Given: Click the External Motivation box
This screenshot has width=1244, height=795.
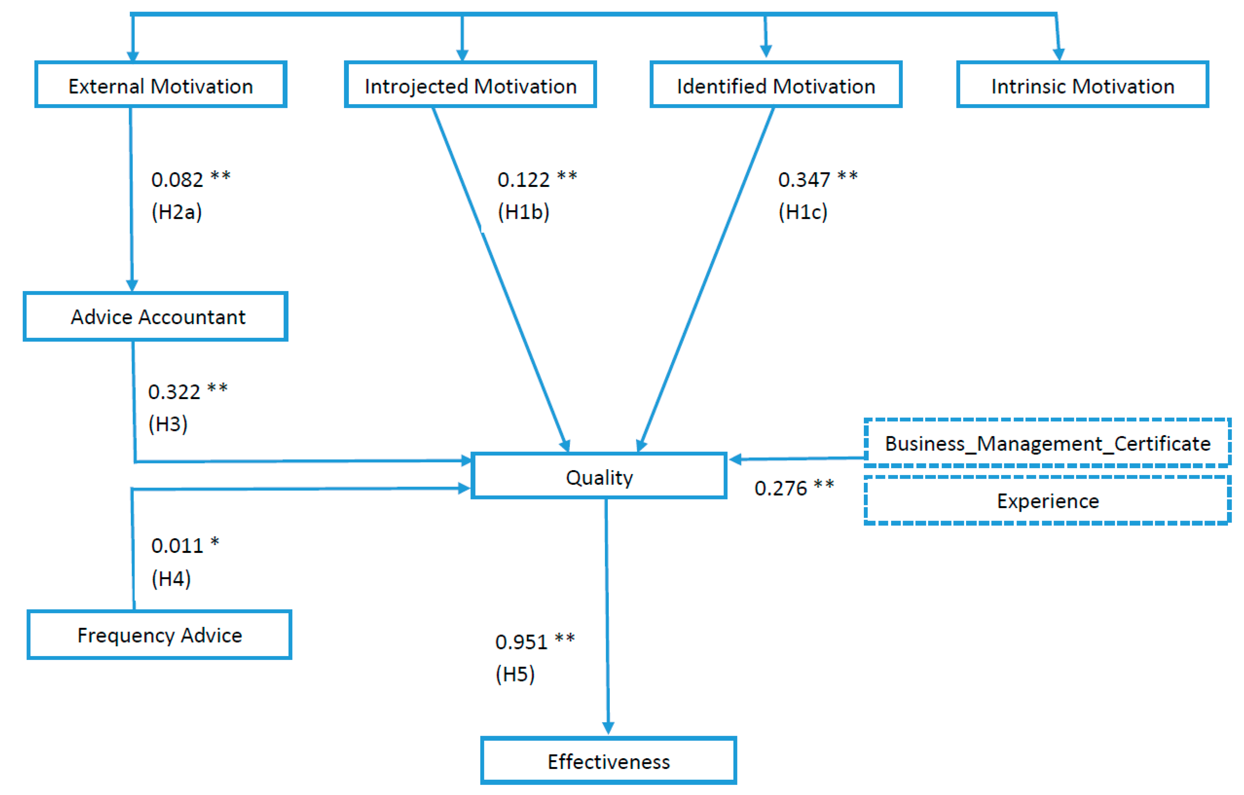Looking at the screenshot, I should pyautogui.click(x=161, y=85).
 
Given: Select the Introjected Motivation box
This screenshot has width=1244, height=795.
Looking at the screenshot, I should pyautogui.click(x=470, y=85).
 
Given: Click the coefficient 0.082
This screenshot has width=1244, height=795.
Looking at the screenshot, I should pyautogui.click(x=177, y=180).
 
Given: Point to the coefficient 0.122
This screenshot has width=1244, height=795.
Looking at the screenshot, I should pyautogui.click(x=523, y=180).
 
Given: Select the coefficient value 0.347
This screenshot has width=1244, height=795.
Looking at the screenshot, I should pyautogui.click(x=804, y=180).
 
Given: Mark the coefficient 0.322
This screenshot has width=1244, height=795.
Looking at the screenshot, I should pyautogui.click(x=174, y=392).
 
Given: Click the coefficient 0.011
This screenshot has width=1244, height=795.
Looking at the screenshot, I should pyautogui.click(x=177, y=546).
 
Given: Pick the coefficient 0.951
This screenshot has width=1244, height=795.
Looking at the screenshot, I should pyautogui.click(x=521, y=642).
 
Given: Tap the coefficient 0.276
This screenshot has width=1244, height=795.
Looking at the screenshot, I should pyautogui.click(x=780, y=488).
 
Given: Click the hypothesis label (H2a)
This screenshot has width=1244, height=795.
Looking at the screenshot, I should pyautogui.click(x=177, y=212).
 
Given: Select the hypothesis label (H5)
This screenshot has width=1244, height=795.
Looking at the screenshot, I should pyautogui.click(x=515, y=674).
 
